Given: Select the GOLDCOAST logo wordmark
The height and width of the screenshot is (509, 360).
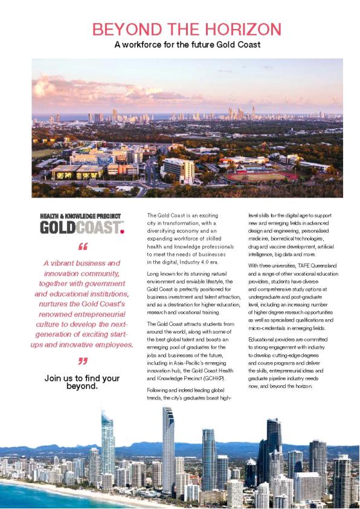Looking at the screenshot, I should [79, 228].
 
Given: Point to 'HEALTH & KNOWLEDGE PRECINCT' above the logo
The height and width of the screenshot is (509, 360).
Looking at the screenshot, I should [80, 216].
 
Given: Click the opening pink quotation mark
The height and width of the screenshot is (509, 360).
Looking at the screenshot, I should [83, 247].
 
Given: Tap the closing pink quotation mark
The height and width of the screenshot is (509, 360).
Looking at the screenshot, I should [83, 361].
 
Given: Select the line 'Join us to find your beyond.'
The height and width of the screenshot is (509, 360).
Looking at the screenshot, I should [82, 382].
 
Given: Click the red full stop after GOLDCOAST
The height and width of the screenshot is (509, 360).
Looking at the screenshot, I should [122, 231].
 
